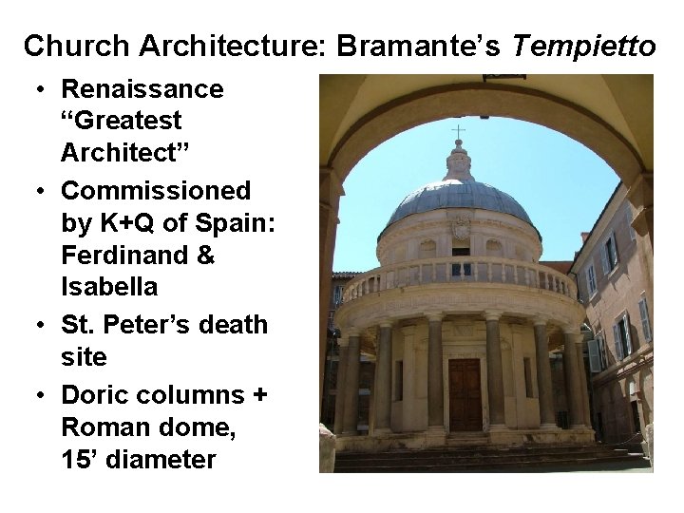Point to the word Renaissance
[142, 89]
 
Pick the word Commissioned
[156, 190]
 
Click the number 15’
[82, 460]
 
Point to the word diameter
[161, 460]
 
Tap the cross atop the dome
[459, 132]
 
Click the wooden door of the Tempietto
[465, 393]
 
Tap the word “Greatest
[122, 121]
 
